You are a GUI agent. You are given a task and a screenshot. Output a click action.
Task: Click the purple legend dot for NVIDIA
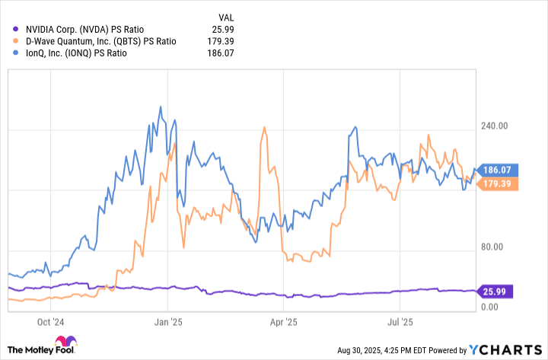(18, 27)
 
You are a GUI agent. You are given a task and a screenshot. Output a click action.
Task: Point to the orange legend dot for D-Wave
(18, 40)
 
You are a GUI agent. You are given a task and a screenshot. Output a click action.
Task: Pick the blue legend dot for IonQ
(18, 53)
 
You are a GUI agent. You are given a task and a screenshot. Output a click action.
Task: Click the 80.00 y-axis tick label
(497, 247)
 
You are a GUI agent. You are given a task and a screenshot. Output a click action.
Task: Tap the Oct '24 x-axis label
(54, 322)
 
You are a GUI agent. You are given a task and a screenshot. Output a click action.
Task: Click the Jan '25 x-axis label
(168, 322)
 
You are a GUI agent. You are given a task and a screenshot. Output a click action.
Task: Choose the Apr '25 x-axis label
(284, 322)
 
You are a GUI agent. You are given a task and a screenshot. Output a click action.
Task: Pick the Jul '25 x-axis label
(400, 322)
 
